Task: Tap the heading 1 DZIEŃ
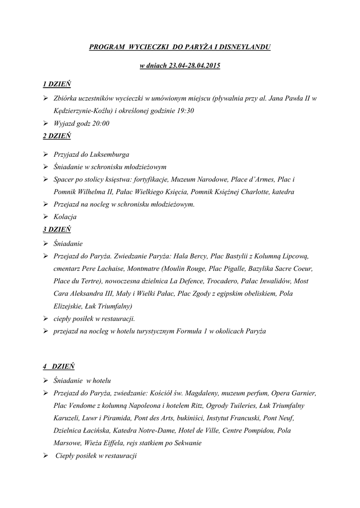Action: [57, 85]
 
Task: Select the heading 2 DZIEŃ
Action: [57, 136]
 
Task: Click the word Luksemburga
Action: [108, 155]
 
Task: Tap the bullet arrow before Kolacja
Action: [46, 217]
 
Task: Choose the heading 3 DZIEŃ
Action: [57, 230]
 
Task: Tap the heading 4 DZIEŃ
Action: [58, 367]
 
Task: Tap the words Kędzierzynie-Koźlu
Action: [82, 111]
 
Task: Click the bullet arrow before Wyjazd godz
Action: [46, 124]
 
